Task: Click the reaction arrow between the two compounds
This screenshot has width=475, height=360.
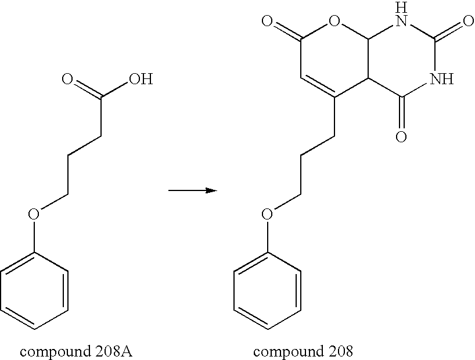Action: [x=192, y=190]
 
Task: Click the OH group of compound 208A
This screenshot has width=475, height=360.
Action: [x=140, y=79]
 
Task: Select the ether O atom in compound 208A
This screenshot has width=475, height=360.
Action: [x=34, y=214]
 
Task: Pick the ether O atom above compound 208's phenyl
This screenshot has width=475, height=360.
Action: [x=267, y=214]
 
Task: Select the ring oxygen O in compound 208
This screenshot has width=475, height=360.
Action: [x=333, y=23]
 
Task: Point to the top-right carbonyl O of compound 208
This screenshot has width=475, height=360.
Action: [x=467, y=23]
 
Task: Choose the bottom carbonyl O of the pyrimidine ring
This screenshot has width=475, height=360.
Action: [x=400, y=137]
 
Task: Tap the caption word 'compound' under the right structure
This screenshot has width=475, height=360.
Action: [x=282, y=351]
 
